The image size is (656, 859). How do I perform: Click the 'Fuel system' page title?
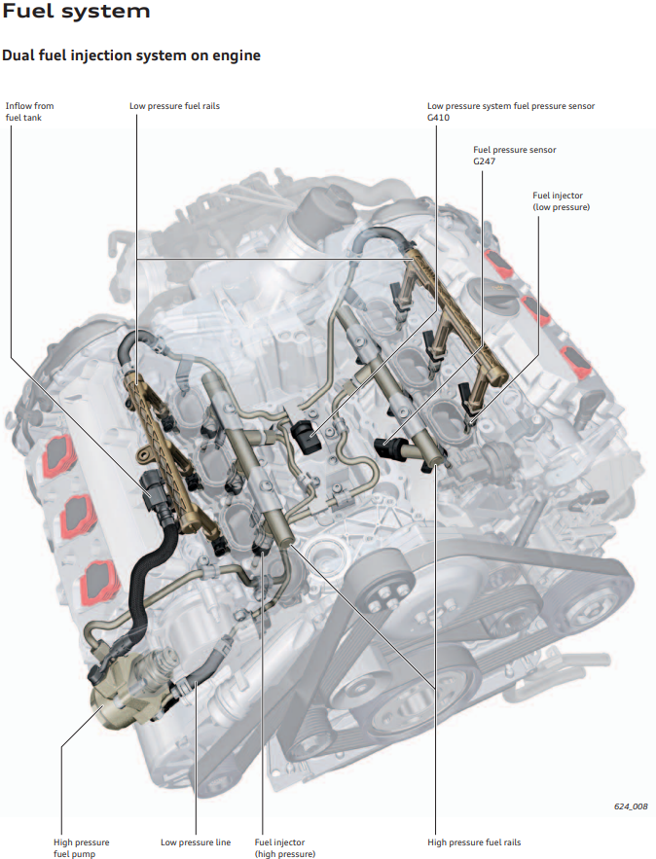(76, 11)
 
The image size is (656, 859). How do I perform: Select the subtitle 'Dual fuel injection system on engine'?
(131, 55)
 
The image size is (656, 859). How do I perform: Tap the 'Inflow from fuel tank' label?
(29, 111)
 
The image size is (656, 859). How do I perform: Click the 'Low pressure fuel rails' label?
(174, 106)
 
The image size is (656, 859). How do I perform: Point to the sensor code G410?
(438, 118)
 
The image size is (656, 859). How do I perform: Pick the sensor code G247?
(485, 161)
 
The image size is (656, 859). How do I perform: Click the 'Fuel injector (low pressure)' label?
(562, 201)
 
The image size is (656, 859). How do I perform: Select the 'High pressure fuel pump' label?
(81, 847)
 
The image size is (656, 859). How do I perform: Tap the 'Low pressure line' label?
(196, 842)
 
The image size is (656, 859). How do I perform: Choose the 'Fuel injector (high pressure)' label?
(285, 847)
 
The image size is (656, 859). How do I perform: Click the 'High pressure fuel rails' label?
(474, 842)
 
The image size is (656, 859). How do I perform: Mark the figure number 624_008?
(631, 806)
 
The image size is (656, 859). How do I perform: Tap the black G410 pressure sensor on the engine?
(306, 436)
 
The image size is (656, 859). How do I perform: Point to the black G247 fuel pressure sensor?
(389, 448)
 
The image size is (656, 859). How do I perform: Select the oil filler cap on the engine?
(492, 297)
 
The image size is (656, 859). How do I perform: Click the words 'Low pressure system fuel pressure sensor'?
(511, 106)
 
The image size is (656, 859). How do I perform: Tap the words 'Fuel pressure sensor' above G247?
(515, 150)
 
